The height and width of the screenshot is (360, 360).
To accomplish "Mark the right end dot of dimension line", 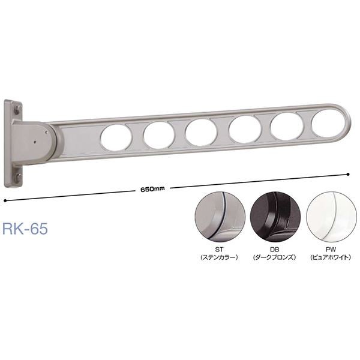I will click(348, 174).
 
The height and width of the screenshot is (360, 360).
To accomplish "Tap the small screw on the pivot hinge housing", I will click(37, 143).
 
